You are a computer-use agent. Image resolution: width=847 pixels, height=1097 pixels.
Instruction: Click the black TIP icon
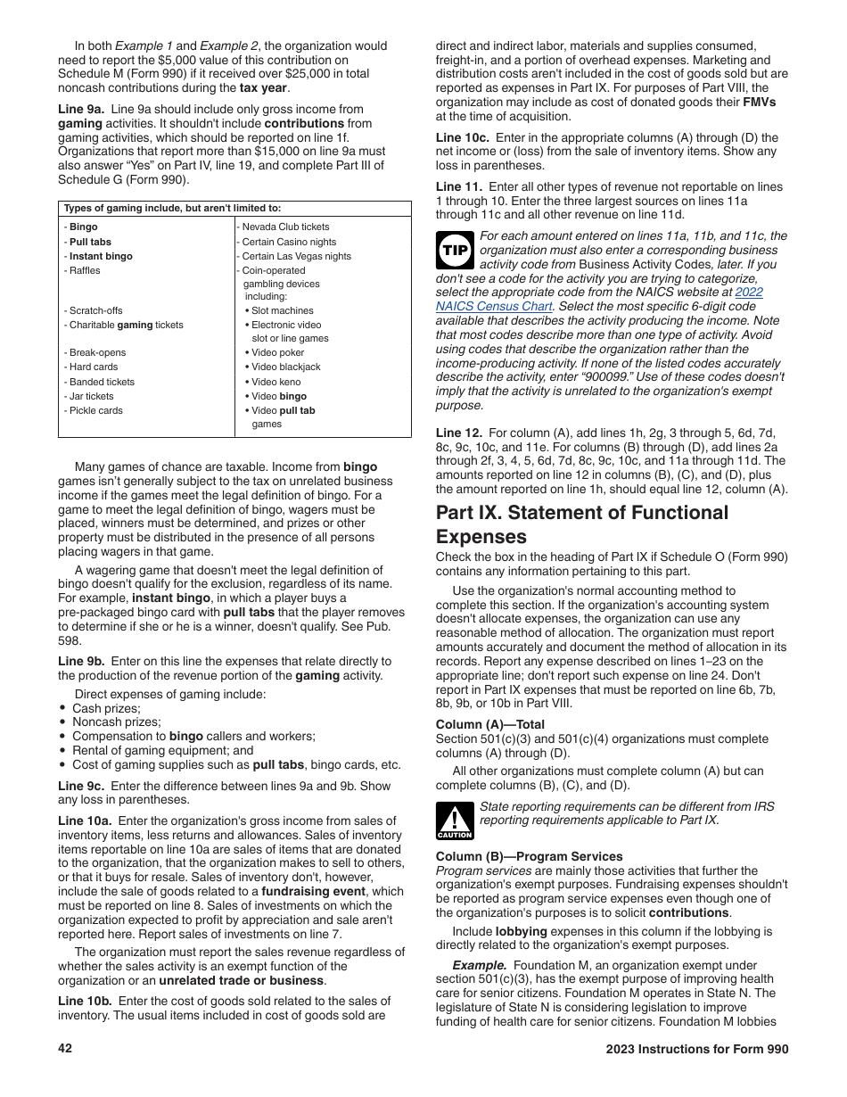click(455, 251)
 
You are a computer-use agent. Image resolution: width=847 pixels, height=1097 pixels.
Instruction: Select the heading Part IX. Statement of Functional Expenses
click(581, 524)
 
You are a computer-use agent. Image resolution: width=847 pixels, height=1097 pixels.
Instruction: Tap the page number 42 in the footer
click(65, 1049)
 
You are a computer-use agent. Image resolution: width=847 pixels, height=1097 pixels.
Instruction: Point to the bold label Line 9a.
click(81, 109)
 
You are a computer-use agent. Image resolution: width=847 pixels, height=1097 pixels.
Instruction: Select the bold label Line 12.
click(459, 432)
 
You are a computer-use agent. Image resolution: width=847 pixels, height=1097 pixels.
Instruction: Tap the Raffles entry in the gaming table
click(84, 270)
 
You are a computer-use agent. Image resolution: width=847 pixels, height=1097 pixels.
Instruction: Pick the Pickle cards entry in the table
click(95, 410)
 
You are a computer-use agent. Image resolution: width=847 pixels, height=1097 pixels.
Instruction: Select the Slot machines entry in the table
click(279, 310)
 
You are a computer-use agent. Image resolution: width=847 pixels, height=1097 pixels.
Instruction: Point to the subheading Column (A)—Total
click(489, 724)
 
